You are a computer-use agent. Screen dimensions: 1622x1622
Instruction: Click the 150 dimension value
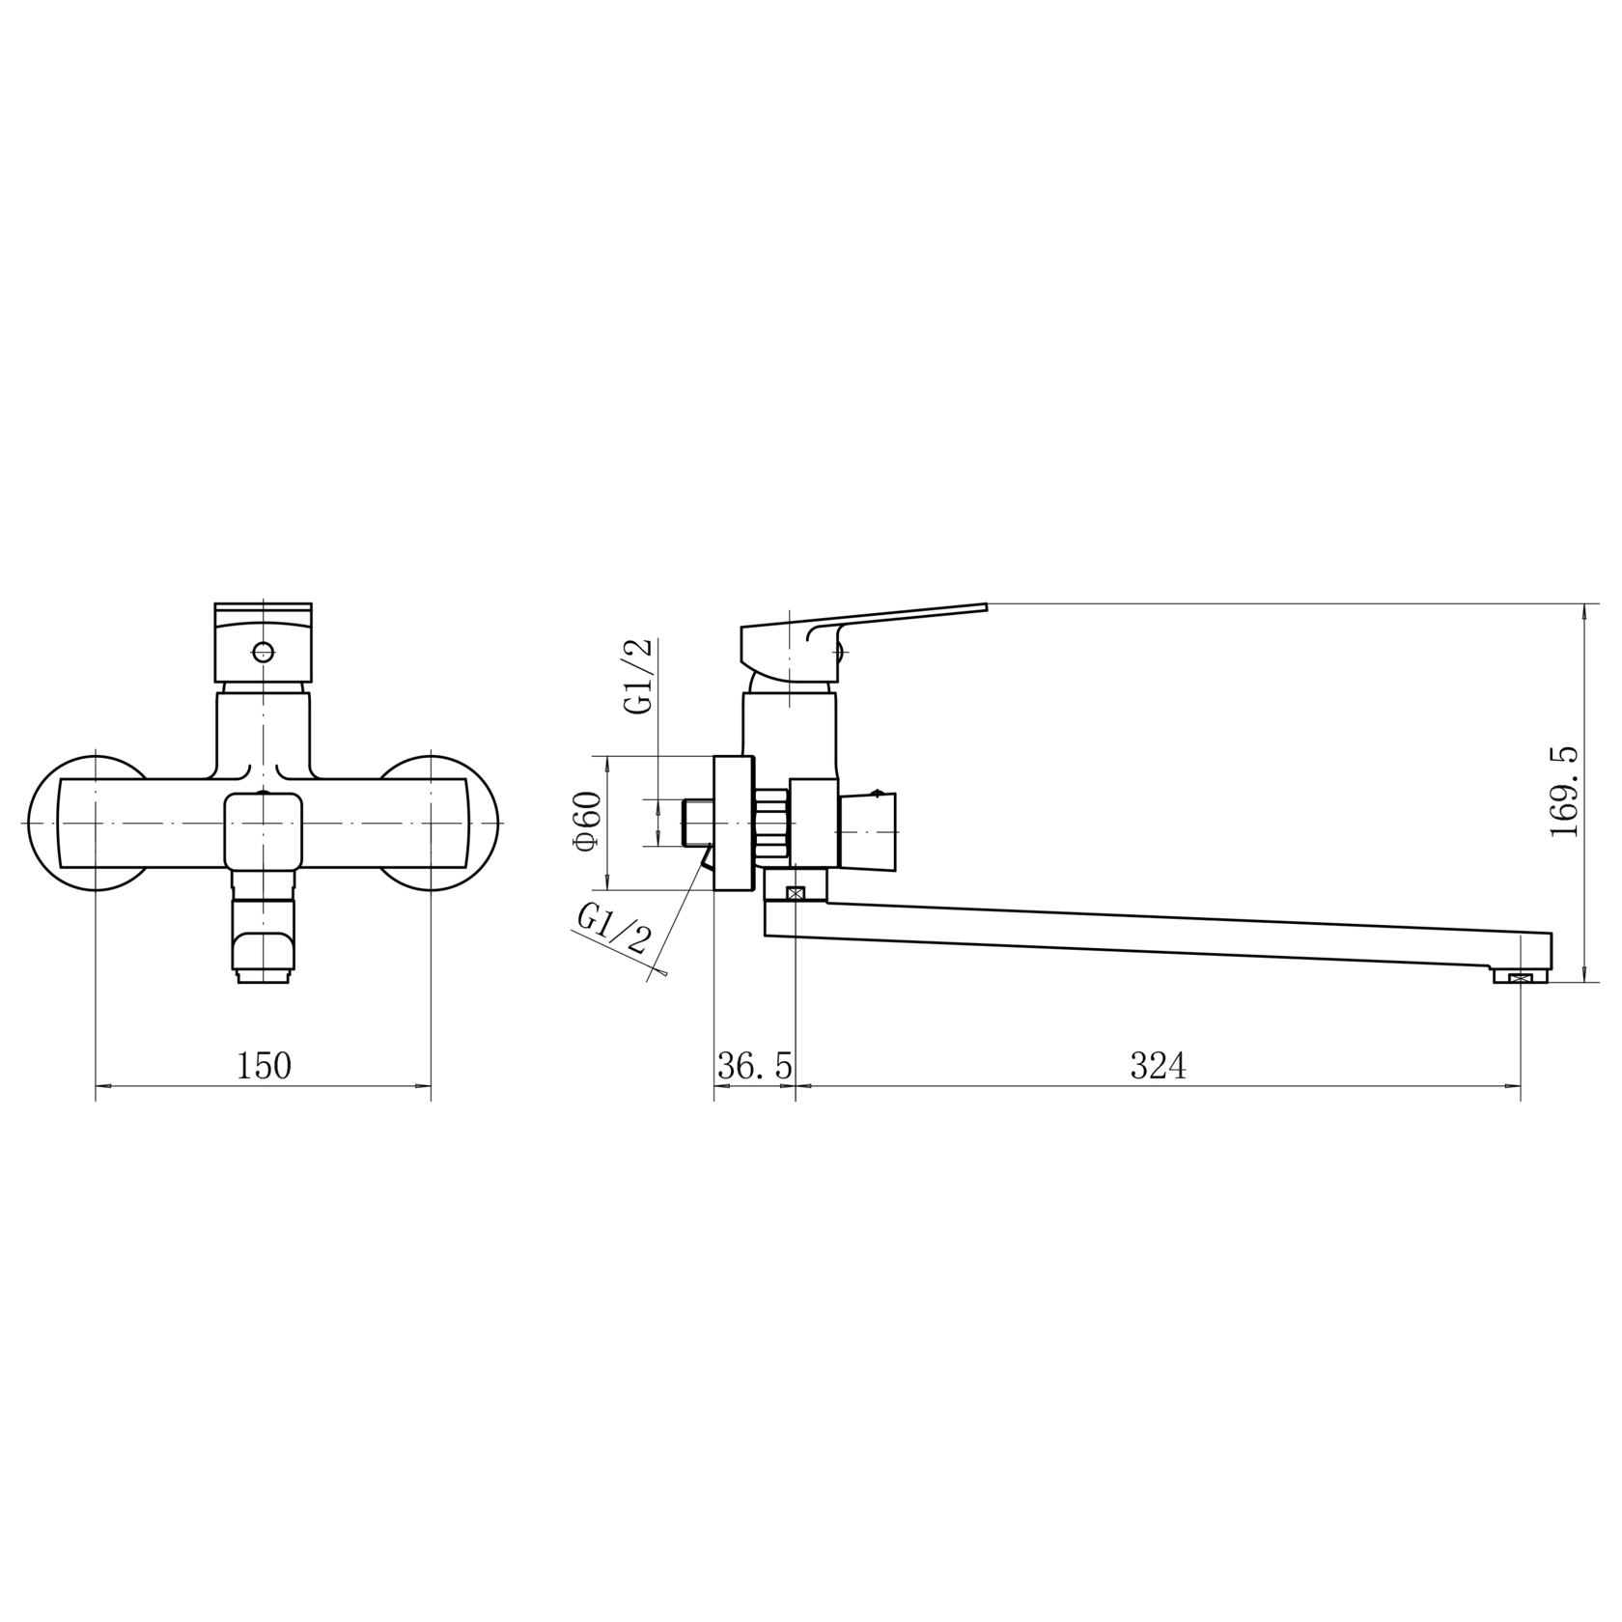coord(264,1066)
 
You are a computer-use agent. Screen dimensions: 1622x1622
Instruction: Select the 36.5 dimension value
coord(755,1066)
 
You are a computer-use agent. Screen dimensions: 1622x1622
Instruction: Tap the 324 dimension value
coord(1158,1066)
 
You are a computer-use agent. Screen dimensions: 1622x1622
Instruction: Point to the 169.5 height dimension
coord(1563,792)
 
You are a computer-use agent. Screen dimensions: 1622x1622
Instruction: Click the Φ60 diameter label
coord(587,822)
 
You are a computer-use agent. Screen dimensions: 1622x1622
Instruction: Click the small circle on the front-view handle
coord(262,651)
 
